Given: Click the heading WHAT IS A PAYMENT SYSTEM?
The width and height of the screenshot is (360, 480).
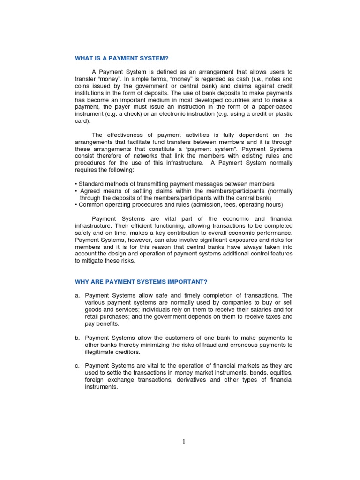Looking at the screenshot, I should click(121, 58).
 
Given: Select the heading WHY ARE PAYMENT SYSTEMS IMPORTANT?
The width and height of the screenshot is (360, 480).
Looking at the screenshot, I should click(141, 282).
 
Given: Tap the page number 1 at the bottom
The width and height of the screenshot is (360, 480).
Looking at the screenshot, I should click(184, 441).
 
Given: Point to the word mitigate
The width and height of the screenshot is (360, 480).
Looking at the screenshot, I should click(91, 261).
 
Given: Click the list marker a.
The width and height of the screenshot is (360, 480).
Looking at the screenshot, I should click(77, 296).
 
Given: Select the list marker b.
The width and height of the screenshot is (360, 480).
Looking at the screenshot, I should click(77, 338).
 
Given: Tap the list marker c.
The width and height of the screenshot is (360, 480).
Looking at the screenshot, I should click(77, 366).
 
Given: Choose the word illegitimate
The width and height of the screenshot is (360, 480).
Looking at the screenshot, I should click(102, 352).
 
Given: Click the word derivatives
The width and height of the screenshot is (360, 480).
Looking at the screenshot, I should click(190, 380).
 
